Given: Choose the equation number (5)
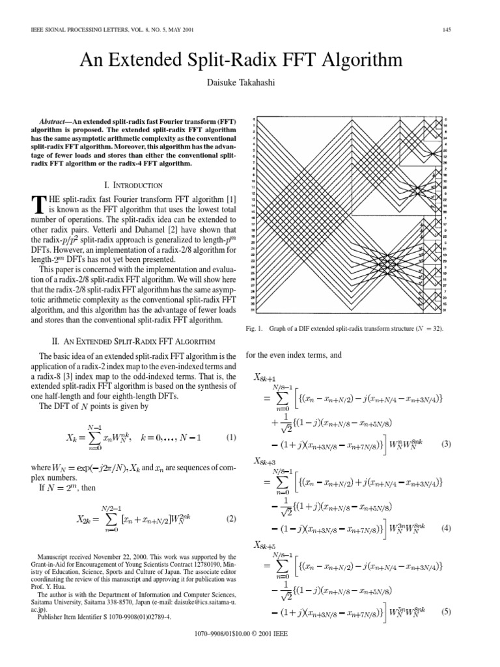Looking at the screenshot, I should point(446,612).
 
